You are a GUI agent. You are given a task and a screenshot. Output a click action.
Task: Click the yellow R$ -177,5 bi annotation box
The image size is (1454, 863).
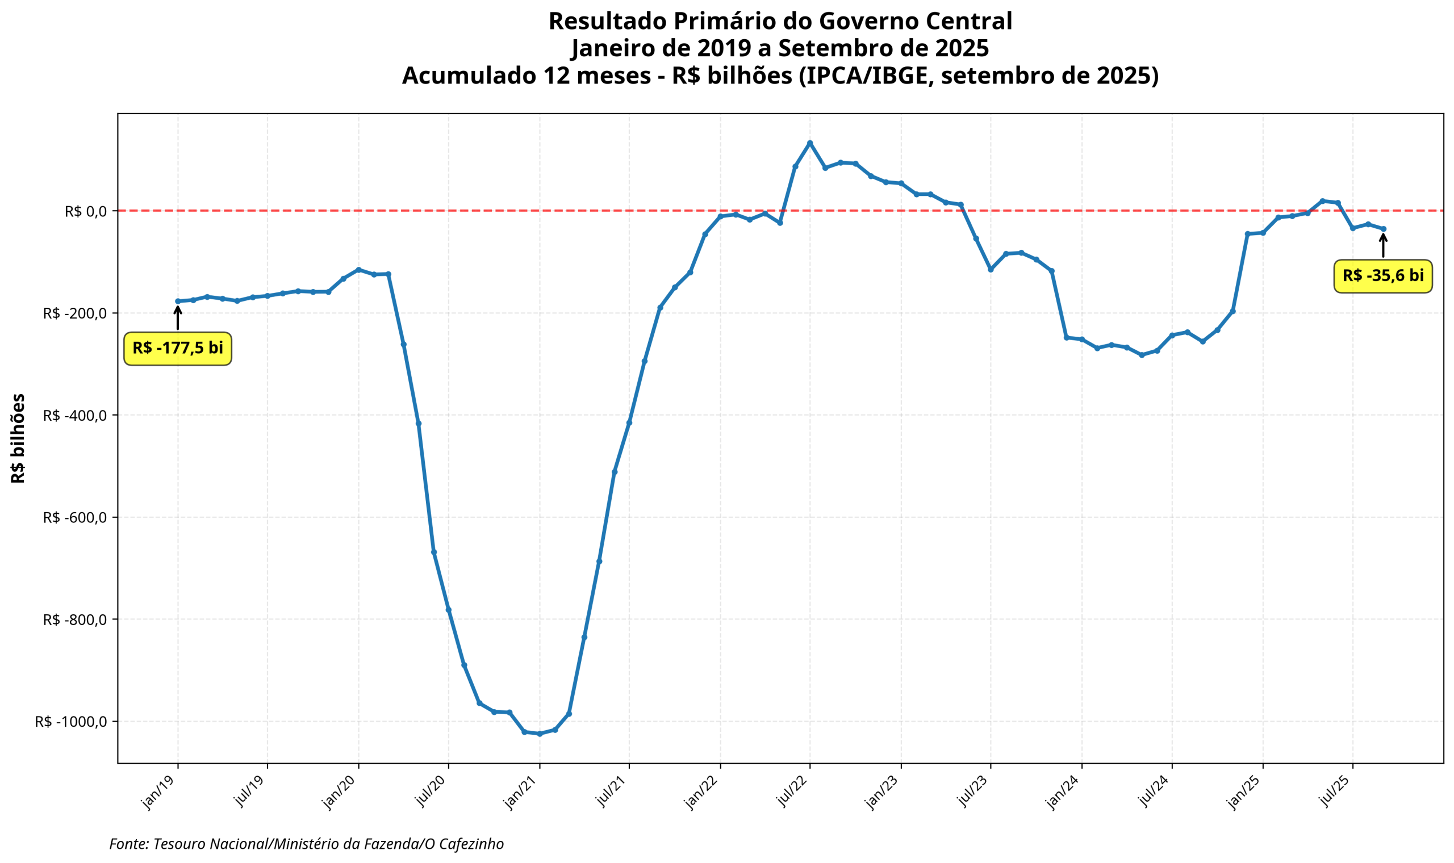click(x=177, y=349)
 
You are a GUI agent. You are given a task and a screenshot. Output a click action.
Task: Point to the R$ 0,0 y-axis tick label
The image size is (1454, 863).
click(x=86, y=211)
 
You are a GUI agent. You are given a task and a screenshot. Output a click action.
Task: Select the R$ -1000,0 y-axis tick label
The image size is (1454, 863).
click(x=71, y=722)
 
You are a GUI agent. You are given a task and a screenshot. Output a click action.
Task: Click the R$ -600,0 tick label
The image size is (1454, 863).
click(x=75, y=518)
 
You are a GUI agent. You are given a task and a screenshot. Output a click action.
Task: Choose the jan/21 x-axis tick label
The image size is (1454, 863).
click(x=522, y=793)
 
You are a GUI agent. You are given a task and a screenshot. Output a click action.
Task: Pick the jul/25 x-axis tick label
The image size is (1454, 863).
click(x=1335, y=793)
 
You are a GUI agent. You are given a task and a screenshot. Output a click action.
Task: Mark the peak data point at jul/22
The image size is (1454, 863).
click(x=809, y=143)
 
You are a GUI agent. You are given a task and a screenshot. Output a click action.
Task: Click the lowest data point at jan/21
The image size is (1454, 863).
click(x=540, y=734)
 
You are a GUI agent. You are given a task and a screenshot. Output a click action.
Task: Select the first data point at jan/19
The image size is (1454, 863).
click(x=177, y=301)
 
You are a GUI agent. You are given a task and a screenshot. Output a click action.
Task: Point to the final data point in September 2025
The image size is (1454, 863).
click(x=1384, y=229)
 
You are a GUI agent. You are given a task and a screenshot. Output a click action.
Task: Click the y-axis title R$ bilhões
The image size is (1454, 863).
click(x=18, y=438)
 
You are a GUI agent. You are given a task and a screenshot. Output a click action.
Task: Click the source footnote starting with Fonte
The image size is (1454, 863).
click(x=307, y=844)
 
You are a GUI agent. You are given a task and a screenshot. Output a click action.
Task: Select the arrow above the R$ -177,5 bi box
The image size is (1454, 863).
click(x=177, y=317)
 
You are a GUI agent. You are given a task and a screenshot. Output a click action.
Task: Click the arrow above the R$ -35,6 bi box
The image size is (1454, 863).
click(x=1383, y=245)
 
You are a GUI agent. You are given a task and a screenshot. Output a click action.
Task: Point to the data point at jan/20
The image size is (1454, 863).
click(x=358, y=269)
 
